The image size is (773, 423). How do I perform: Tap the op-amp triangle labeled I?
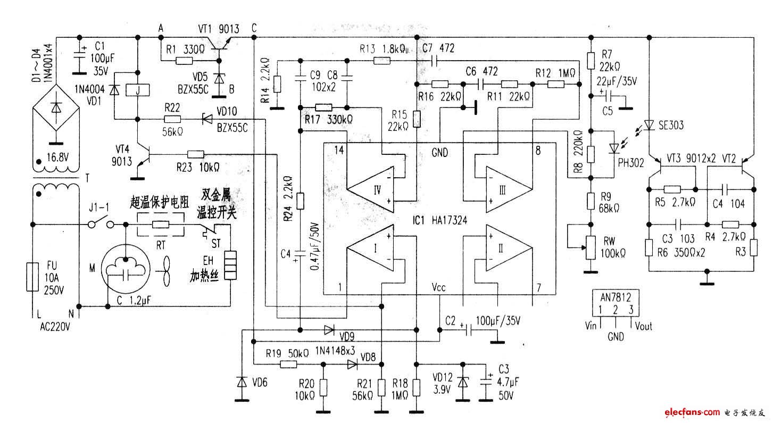[371, 248]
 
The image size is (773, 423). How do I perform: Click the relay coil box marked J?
[138, 90]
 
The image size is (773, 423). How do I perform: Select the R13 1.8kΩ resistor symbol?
[381, 61]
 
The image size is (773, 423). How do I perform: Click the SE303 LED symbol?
[649, 125]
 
